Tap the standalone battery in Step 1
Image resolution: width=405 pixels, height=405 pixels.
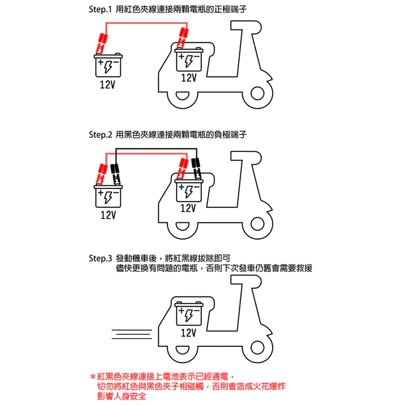[x=107, y=65]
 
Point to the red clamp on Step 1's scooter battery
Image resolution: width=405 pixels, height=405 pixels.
[x=182, y=38]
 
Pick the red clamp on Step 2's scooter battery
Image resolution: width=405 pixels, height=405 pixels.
[x=182, y=167]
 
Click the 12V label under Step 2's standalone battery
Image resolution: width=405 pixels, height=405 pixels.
[x=107, y=215]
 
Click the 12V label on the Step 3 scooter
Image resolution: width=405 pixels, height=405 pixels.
[x=188, y=333]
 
